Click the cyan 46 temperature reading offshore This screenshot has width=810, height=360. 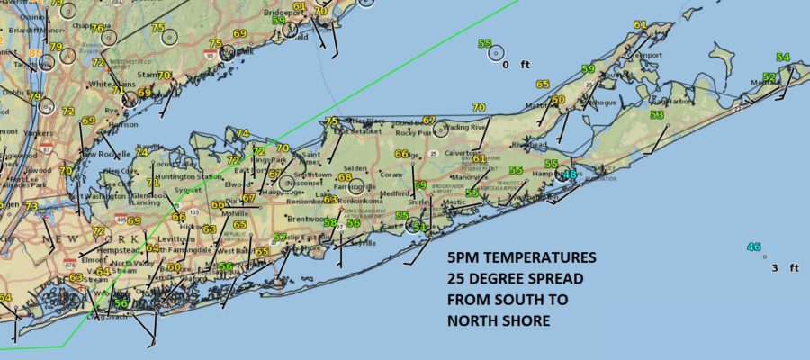point(754,247)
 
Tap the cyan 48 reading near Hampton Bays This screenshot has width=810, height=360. point(569,175)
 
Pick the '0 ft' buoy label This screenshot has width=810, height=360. point(511,65)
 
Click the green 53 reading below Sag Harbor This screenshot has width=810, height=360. point(657,115)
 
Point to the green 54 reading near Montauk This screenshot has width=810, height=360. point(783,58)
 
